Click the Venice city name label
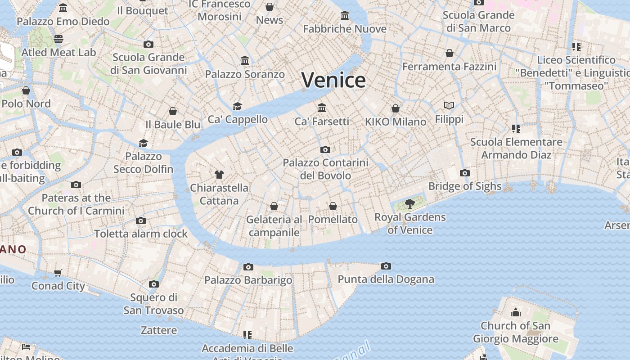tap(333, 80)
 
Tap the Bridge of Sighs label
tap(465, 186)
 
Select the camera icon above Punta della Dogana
tap(386, 266)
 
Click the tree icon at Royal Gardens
tap(410, 204)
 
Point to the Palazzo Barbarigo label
tap(248, 280)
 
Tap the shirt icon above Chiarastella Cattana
tap(219, 175)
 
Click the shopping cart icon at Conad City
tap(58, 273)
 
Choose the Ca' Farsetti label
tap(322, 121)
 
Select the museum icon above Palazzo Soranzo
tap(245, 61)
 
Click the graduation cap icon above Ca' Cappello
tap(237, 106)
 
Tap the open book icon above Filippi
tap(449, 106)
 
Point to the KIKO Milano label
tap(396, 122)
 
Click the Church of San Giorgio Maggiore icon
tap(516, 312)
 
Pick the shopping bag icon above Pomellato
tap(333, 207)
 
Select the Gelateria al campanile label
tap(274, 226)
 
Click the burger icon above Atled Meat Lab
tap(58, 39)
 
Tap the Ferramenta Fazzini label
tap(449, 67)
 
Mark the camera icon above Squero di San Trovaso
tap(154, 284)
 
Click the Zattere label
tap(159, 330)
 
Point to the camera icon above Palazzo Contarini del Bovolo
tap(325, 150)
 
